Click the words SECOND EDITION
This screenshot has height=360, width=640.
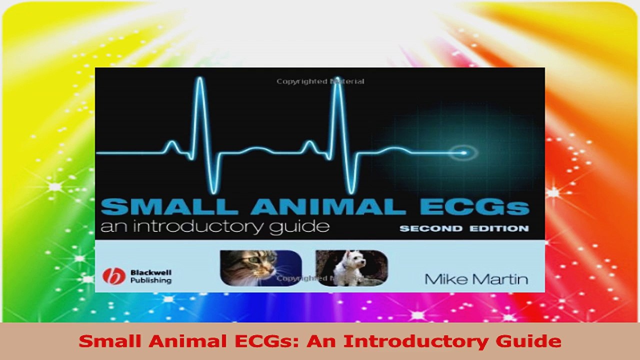pos(463,228)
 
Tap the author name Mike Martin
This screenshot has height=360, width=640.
pos(476,278)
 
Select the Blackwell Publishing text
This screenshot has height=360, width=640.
pos(150,276)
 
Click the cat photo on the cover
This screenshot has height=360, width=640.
pos(260,268)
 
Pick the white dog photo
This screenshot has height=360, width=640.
pos(351,268)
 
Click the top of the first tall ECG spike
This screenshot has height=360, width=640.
pos(200,79)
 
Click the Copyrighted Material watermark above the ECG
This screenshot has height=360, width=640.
pos(320,81)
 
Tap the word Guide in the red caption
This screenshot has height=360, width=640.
pos(536,341)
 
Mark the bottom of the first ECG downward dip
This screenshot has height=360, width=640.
pos(214,191)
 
